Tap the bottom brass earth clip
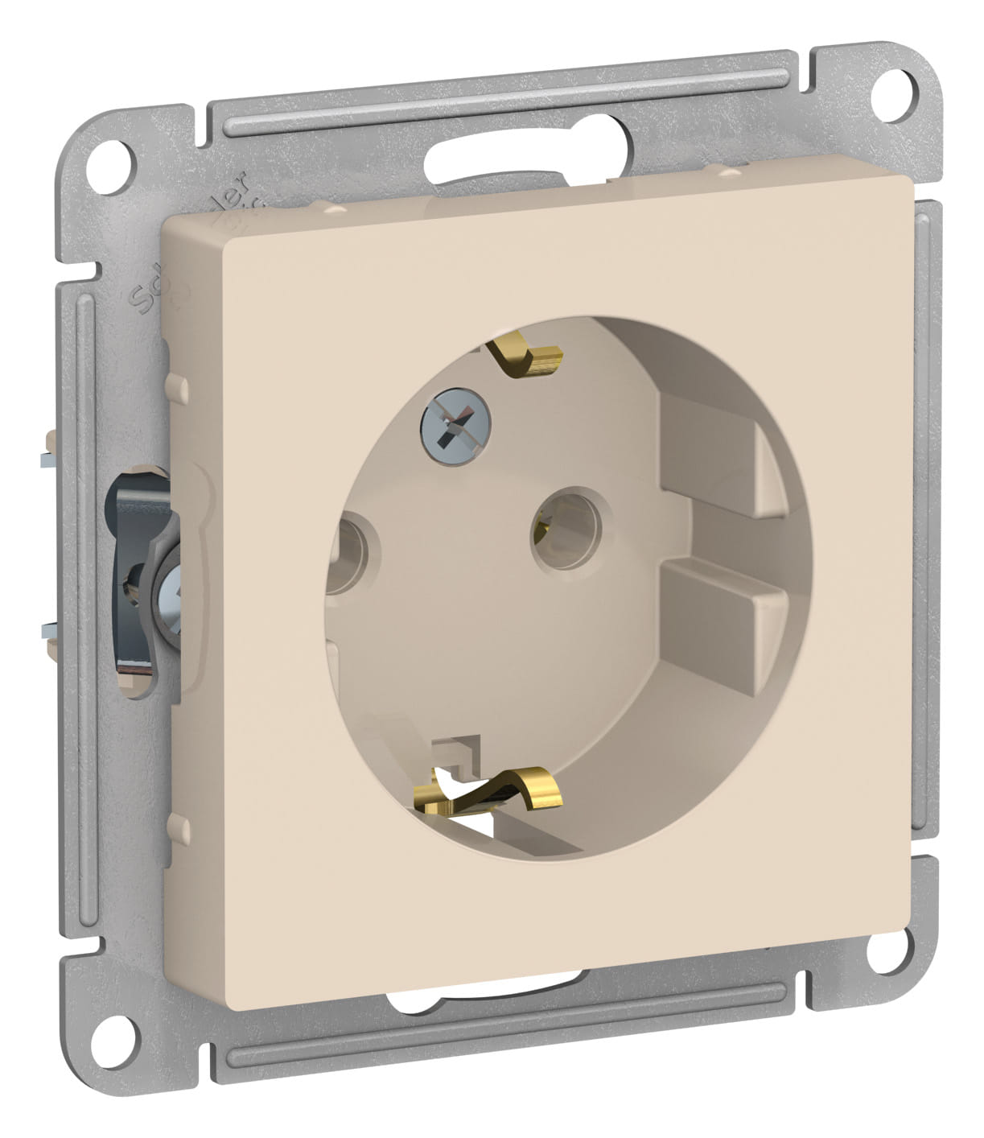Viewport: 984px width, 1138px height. (494, 791)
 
